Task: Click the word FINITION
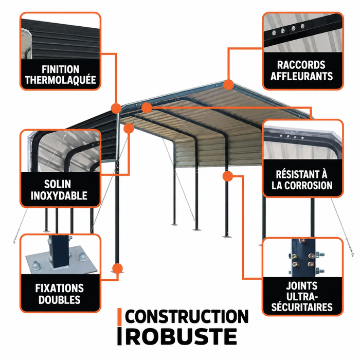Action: pos(60,69)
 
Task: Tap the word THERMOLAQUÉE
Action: pos(61,80)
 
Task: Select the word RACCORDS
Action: pos(301,65)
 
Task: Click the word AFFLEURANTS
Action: pos(301,76)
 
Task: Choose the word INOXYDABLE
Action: pos(59,196)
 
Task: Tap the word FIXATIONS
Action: pos(60,289)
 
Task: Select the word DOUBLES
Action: pos(60,300)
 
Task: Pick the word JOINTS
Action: pos(302,286)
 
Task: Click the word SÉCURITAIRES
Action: pos(302,307)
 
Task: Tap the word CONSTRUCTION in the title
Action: pos(187,317)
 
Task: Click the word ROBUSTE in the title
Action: pos(181,336)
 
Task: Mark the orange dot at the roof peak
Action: pos(228,84)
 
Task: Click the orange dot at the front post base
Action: pos(117,268)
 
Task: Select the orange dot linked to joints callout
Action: pos(228,176)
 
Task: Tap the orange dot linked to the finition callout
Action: pos(116,109)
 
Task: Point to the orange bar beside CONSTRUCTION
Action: pos(119,317)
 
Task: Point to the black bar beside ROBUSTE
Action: pos(119,336)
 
